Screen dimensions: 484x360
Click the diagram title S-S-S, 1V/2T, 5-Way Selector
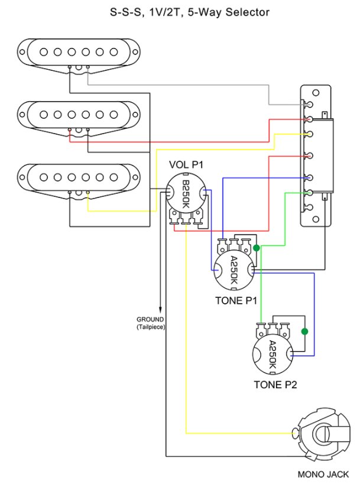click(180, 12)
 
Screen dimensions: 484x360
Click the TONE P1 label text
click(235, 300)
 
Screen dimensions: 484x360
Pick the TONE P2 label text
click(275, 385)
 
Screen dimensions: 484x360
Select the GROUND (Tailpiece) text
click(150, 323)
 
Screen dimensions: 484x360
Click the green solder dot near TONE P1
click(257, 248)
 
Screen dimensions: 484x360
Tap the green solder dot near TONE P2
click(305, 332)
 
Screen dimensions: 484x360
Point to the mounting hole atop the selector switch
click(316, 92)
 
